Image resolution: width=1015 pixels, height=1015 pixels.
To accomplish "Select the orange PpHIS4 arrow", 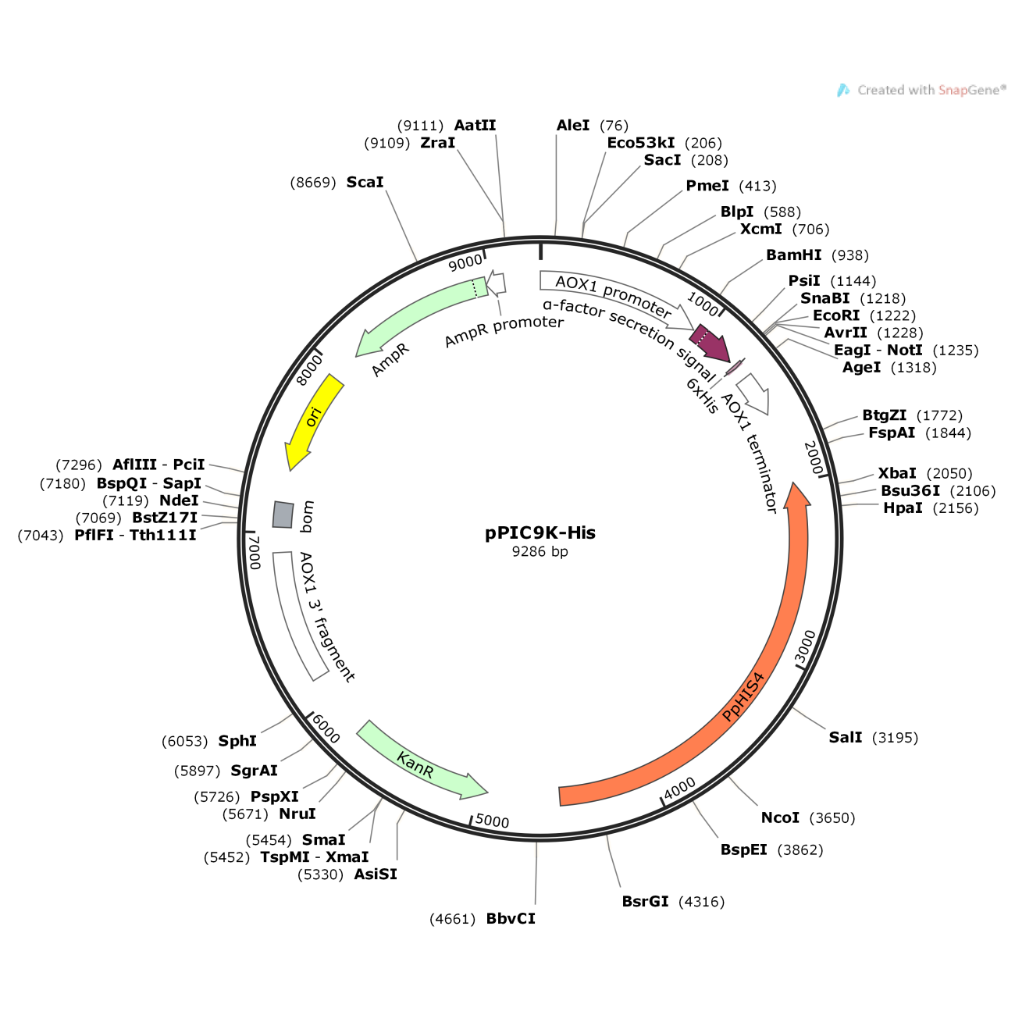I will pyautogui.click(x=742, y=695).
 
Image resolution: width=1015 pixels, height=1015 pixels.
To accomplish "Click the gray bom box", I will pyautogui.click(x=283, y=515).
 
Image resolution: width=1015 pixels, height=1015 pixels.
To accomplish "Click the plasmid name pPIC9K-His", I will pyautogui.click(x=540, y=532).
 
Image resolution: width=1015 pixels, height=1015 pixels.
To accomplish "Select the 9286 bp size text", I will pyautogui.click(x=540, y=551).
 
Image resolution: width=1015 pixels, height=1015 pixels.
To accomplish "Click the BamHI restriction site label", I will pyautogui.click(x=793, y=255).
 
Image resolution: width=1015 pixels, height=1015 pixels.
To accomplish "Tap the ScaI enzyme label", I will pyautogui.click(x=365, y=182).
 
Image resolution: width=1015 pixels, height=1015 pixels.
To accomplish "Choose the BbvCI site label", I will pyautogui.click(x=511, y=918).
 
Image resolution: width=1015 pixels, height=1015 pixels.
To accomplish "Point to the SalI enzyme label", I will pyautogui.click(x=846, y=737).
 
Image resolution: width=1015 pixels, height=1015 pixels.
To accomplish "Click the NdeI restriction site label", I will pyautogui.click(x=179, y=500).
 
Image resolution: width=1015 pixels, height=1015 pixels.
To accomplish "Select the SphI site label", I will pyautogui.click(x=237, y=741).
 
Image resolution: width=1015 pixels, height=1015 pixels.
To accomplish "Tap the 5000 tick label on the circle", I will pyautogui.click(x=492, y=821).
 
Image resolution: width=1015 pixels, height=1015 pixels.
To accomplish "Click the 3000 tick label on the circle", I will pyautogui.click(x=806, y=647).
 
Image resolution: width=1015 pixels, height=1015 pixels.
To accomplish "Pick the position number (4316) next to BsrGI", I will pyautogui.click(x=701, y=902).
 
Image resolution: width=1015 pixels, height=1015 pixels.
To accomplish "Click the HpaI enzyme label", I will pyautogui.click(x=903, y=508).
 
